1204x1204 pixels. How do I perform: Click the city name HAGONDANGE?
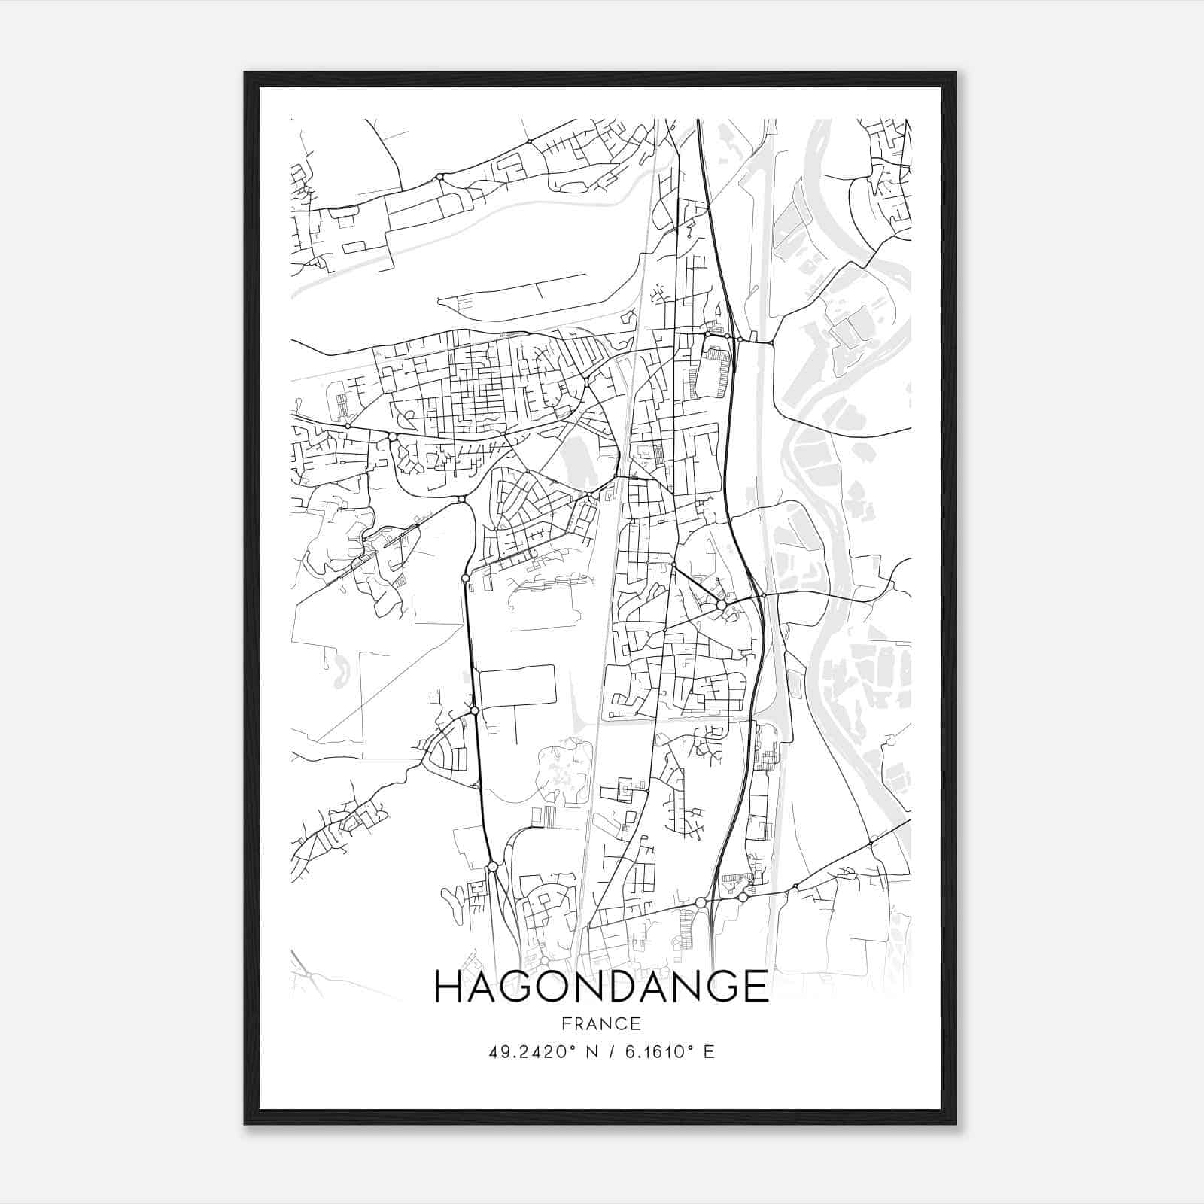601,987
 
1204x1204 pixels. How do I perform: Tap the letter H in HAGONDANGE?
449,987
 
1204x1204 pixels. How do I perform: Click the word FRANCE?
601,1024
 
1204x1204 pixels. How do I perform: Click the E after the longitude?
709,1052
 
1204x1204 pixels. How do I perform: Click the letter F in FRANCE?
566,1024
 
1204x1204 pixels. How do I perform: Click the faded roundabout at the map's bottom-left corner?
308,974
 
